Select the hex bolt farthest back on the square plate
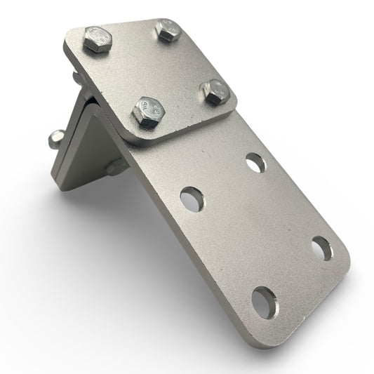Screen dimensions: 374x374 coord(168,30)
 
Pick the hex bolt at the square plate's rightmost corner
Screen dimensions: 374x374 coord(215,91)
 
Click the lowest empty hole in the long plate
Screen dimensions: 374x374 coord(265,300)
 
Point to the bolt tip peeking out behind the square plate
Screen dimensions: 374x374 coord(73,75)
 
